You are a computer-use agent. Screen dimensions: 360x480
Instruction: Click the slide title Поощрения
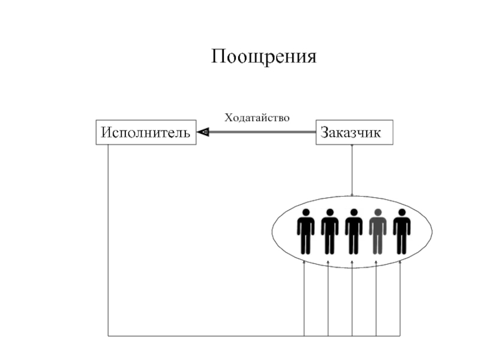pyautogui.click(x=263, y=58)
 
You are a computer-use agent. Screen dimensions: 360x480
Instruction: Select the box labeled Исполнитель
pyautogui.click(x=146, y=133)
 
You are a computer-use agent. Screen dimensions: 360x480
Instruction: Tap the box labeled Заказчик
pyautogui.click(x=355, y=133)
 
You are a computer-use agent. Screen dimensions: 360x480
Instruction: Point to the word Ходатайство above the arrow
pyautogui.click(x=257, y=117)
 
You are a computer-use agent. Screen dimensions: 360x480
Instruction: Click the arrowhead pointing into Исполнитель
pyautogui.click(x=203, y=132)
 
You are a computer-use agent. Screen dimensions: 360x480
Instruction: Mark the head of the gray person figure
pyautogui.click(x=377, y=212)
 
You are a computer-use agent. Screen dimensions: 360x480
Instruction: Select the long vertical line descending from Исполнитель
pyautogui.click(x=108, y=240)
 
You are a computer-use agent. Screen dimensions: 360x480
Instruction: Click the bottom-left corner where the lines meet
pyautogui.click(x=108, y=335)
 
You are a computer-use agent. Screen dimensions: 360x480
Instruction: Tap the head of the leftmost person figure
pyautogui.click(x=305, y=212)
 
